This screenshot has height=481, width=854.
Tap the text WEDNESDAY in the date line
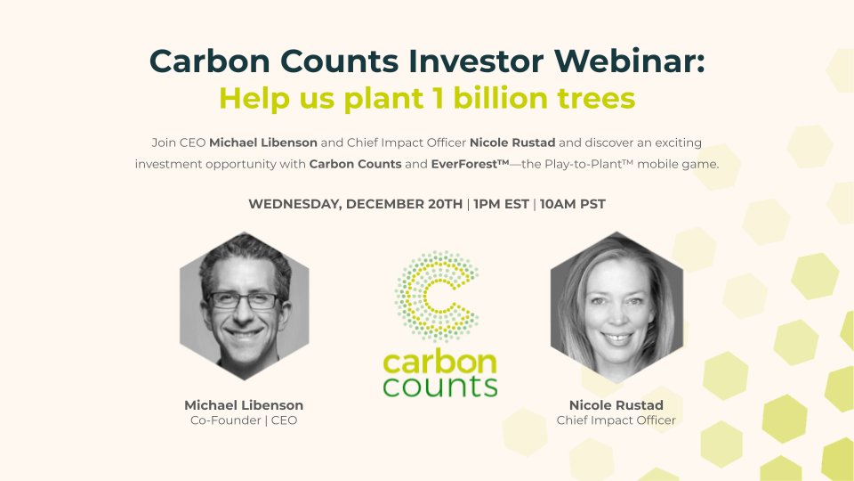pos(294,204)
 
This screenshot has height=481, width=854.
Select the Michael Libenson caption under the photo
pos(243,404)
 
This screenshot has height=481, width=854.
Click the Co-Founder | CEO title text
pos(243,420)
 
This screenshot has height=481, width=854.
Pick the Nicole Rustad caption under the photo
pos(616,404)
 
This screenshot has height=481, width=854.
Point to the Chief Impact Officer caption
pos(616,420)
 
